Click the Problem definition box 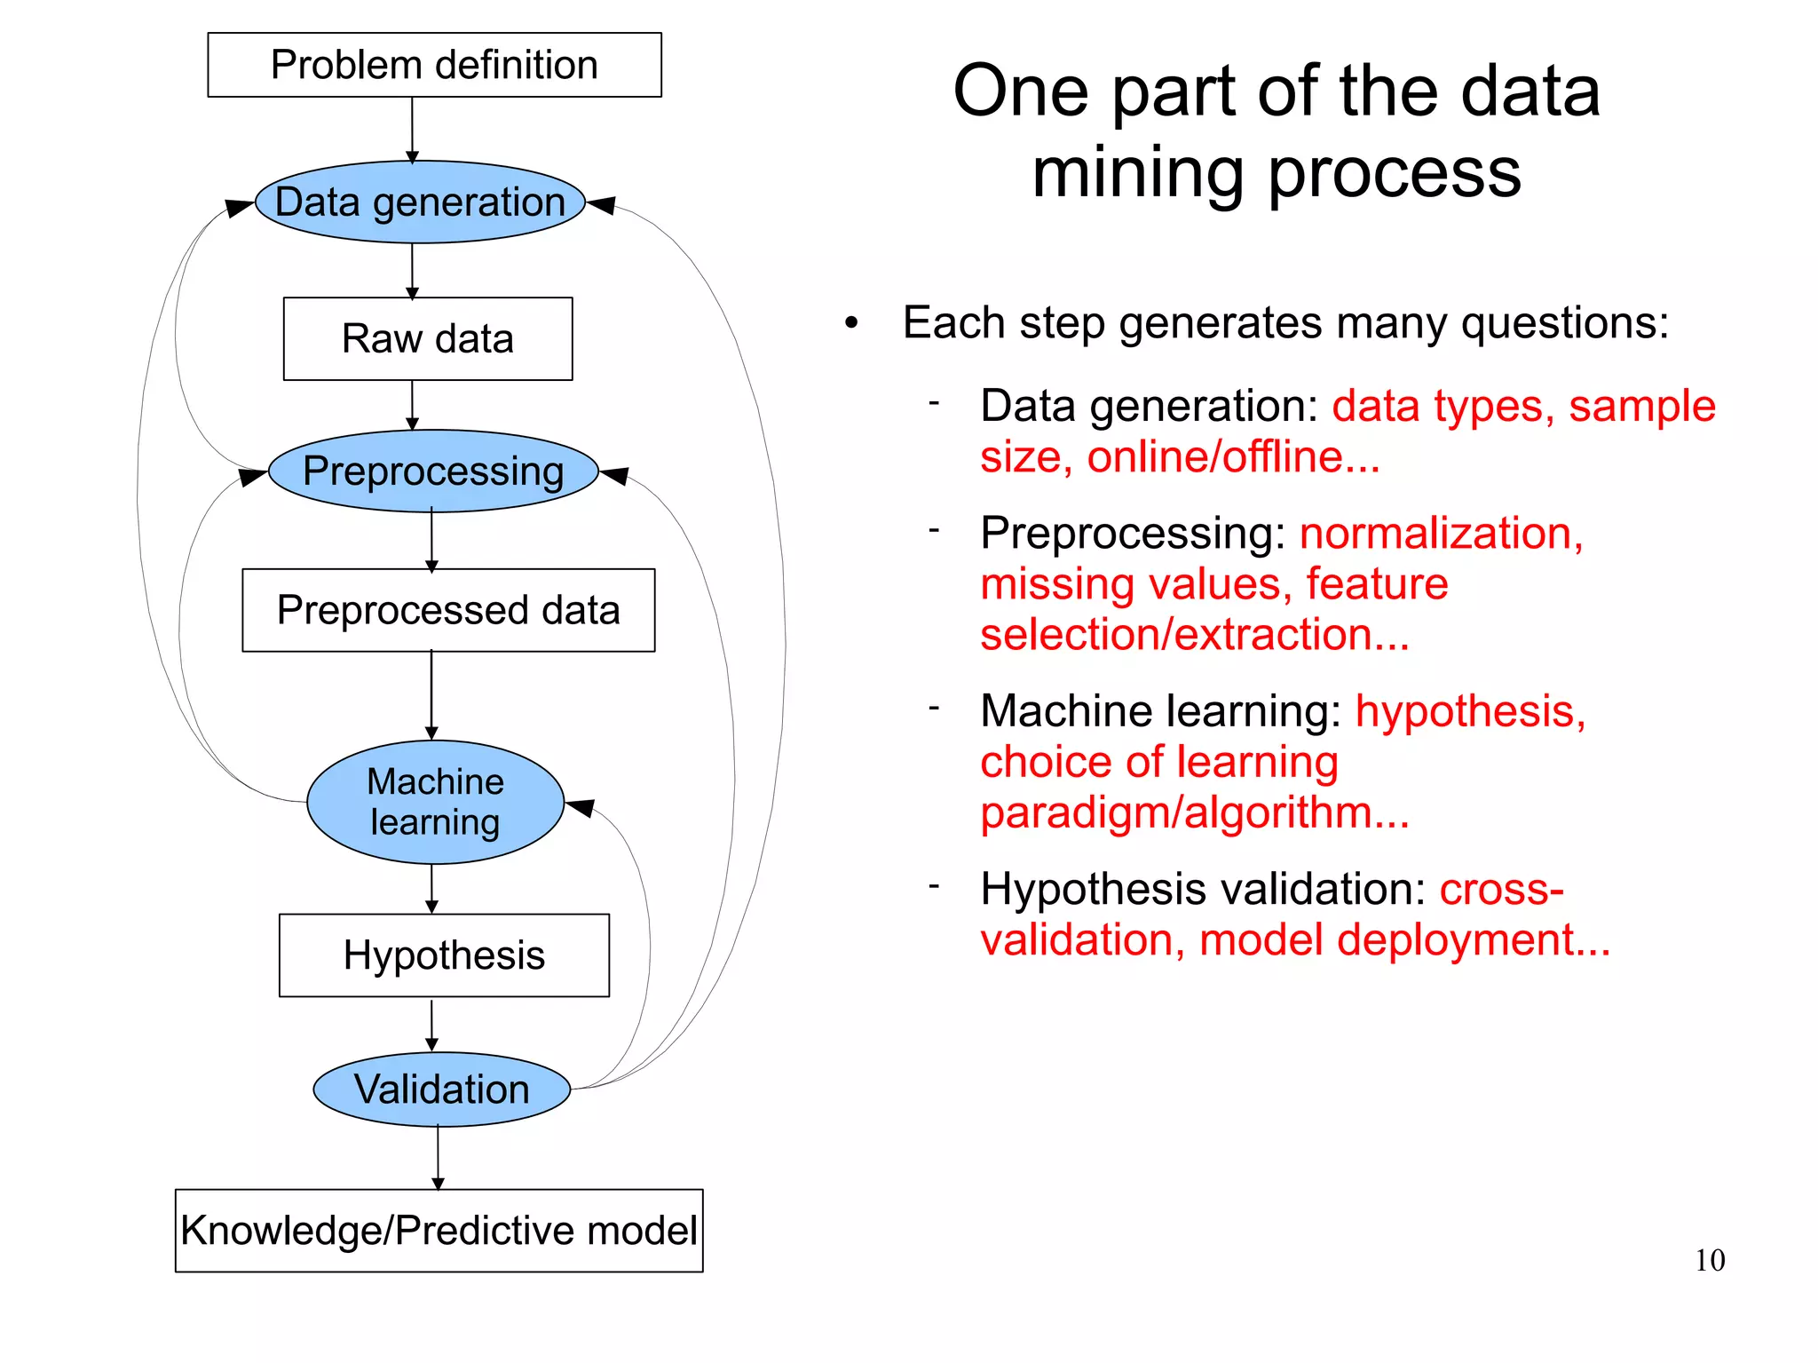(434, 65)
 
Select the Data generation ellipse (420, 202)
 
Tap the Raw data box (428, 339)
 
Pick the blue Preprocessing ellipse (433, 472)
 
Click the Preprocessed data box (448, 611)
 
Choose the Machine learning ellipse (435, 802)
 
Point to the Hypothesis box (444, 955)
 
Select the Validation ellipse (441, 1090)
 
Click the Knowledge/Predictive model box (439, 1231)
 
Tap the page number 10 (1709, 1260)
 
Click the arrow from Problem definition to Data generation (412, 130)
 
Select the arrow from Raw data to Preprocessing (412, 406)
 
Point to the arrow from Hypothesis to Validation (431, 1025)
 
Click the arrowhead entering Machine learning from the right (580, 808)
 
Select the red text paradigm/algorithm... (1194, 812)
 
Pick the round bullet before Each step (851, 324)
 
